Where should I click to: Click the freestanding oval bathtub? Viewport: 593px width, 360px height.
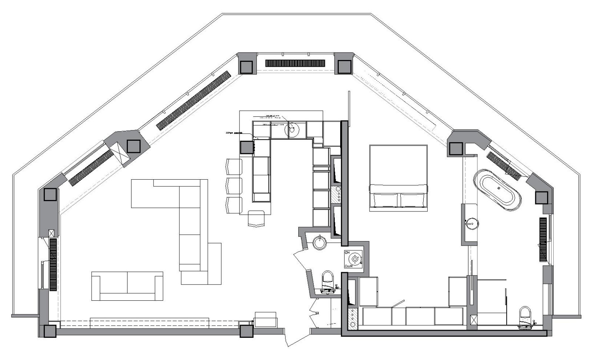(497, 190)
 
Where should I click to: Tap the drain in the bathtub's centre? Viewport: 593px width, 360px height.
(498, 187)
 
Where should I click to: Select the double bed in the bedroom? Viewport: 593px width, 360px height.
(398, 178)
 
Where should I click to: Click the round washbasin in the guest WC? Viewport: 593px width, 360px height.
(319, 243)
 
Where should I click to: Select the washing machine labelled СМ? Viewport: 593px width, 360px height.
(355, 259)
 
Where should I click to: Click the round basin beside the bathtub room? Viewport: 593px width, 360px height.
(472, 223)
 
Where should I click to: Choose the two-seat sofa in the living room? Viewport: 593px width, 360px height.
(127, 286)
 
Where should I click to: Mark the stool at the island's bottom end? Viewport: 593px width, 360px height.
(256, 218)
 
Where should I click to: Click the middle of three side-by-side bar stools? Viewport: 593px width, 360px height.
(234, 185)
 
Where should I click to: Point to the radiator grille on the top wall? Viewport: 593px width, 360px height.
(295, 63)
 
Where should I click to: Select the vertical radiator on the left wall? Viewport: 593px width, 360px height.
(53, 264)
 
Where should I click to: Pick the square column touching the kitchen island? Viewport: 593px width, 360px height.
(246, 147)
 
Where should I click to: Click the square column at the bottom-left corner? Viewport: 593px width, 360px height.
(50, 331)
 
